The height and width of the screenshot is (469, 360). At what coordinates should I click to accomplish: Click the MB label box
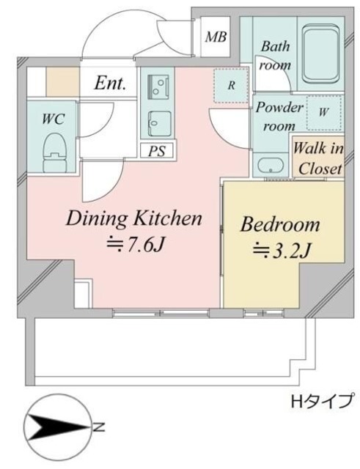216,37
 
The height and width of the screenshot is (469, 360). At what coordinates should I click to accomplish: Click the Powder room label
279,116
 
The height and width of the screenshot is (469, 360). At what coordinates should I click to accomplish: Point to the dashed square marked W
323,113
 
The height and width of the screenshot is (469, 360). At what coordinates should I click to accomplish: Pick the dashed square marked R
231,85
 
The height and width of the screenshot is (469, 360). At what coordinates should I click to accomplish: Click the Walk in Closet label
318,157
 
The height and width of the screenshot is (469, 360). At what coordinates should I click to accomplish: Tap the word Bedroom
280,224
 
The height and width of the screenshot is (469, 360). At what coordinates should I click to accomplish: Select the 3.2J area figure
283,251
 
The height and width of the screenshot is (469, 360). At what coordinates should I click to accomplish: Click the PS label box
155,152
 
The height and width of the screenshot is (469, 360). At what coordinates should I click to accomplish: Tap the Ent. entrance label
110,84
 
